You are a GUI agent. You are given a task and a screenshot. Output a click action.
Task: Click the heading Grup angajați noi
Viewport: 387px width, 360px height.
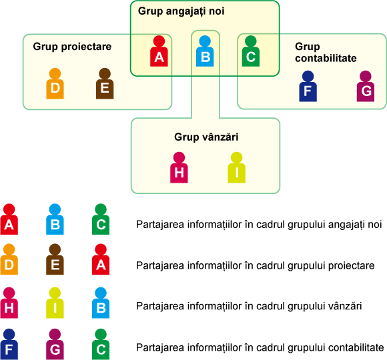(181, 11)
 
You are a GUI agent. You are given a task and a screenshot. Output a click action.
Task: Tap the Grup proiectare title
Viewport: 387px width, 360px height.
(72, 47)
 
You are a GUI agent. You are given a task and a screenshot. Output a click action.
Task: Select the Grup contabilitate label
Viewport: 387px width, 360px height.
(326, 52)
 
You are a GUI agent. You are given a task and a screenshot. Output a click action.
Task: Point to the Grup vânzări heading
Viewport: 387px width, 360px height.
(206, 137)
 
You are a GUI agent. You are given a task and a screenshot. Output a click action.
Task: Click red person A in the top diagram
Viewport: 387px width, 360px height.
(159, 51)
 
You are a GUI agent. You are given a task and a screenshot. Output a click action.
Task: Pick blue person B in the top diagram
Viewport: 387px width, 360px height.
(205, 51)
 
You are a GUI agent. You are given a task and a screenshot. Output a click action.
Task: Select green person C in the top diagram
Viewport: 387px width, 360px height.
(251, 51)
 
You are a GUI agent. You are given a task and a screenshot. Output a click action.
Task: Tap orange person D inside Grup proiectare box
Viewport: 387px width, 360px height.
(55, 83)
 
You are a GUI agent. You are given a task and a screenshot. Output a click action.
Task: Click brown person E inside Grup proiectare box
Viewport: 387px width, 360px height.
(105, 83)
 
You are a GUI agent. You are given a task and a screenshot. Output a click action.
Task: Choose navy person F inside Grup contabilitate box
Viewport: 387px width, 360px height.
(308, 86)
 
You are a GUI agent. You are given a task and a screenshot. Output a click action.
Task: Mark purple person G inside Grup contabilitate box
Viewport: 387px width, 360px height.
(366, 86)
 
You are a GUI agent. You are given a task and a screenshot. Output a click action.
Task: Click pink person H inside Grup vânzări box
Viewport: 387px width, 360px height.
(179, 168)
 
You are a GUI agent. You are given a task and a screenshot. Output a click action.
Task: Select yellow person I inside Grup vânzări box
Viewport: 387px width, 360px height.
(236, 168)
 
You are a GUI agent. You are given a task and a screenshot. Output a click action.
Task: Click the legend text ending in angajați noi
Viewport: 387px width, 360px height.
(259, 225)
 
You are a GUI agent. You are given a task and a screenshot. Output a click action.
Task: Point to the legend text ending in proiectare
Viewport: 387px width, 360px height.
(255, 266)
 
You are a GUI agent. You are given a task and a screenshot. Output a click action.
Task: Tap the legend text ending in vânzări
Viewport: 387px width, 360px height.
(249, 306)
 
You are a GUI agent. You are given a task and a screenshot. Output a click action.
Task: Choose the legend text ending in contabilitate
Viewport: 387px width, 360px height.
(260, 348)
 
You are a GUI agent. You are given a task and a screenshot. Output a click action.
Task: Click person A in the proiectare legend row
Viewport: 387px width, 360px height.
(101, 259)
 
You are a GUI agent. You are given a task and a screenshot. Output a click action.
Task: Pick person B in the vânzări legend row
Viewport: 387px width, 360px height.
(101, 303)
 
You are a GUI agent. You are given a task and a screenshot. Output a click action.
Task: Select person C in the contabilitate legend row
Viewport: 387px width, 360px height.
(101, 344)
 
